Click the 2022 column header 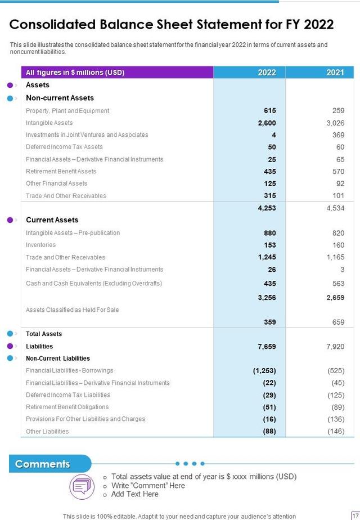tap(267, 73)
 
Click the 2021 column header tap(335, 73)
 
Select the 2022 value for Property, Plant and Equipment tap(269, 111)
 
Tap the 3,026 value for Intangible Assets tap(335, 123)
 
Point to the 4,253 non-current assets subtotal tap(267, 208)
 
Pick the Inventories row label tap(41, 245)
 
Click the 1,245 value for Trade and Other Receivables tap(267, 257)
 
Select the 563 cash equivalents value tap(337, 284)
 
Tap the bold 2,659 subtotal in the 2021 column tap(335, 298)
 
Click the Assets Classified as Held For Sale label tap(72, 310)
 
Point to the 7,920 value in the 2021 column tap(335, 347)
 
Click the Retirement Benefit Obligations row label tap(67, 407)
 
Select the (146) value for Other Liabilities tap(335, 431)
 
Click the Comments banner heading tap(43, 464)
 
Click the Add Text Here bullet tap(135, 494)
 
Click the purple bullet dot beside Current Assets tap(10, 220)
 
